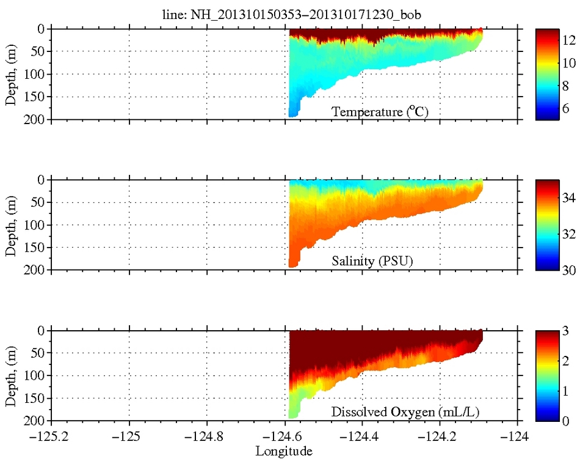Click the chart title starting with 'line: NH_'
pyautogui.click(x=285, y=14)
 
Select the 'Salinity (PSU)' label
pyautogui.click(x=372, y=262)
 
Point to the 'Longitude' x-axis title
pyautogui.click(x=284, y=451)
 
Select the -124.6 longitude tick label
pyautogui.click(x=285, y=438)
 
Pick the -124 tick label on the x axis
pyautogui.click(x=518, y=438)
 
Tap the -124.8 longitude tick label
pyautogui.click(x=206, y=438)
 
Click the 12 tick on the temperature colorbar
pyautogui.click(x=562, y=40)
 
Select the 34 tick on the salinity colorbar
pyautogui.click(x=562, y=201)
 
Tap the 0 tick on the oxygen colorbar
pyautogui.click(x=559, y=421)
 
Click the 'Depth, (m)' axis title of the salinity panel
pyautogui.click(x=12, y=224)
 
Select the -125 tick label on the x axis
pyautogui.click(x=129, y=438)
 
